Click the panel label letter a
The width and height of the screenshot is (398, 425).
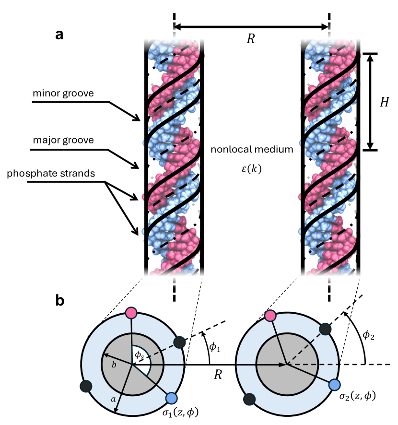click(x=59, y=35)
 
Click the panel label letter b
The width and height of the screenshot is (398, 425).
click(x=60, y=301)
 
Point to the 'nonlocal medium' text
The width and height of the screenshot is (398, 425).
click(x=252, y=150)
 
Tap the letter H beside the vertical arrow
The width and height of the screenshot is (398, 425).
click(x=383, y=102)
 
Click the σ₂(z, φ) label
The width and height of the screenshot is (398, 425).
click(x=354, y=396)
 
